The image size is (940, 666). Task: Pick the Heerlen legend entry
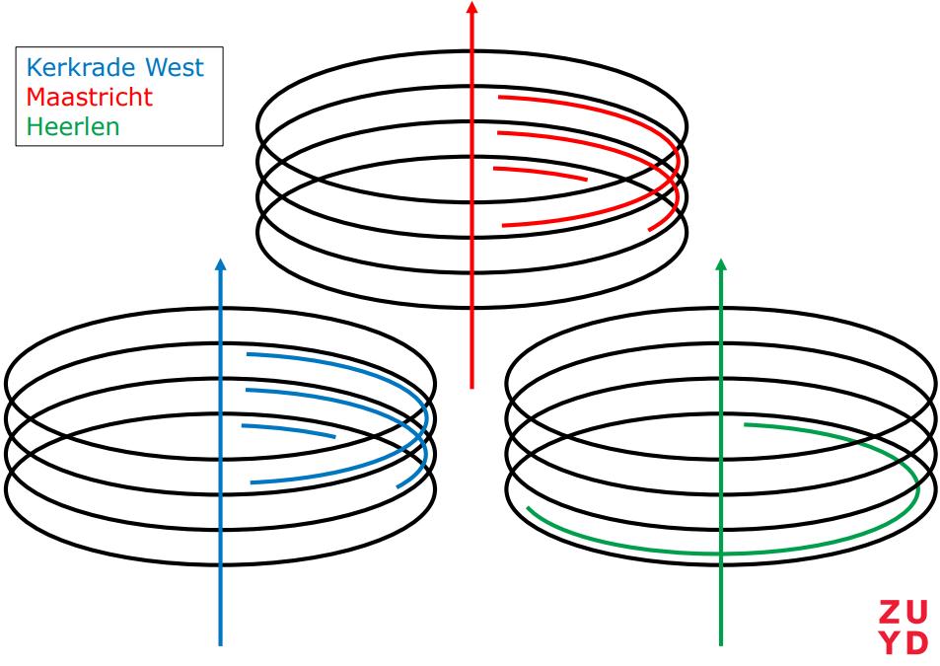[68, 129]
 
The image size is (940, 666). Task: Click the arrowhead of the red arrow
[471, 7]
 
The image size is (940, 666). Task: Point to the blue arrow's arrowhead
[220, 264]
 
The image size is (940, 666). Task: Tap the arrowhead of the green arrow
[722, 265]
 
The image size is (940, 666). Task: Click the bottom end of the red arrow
[471, 386]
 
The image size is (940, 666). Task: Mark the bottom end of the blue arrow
[220, 644]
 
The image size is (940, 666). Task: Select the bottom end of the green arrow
[722, 644]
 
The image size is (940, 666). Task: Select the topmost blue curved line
[335, 361]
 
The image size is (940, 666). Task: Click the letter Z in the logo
[889, 612]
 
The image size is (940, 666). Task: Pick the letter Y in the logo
[889, 643]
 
